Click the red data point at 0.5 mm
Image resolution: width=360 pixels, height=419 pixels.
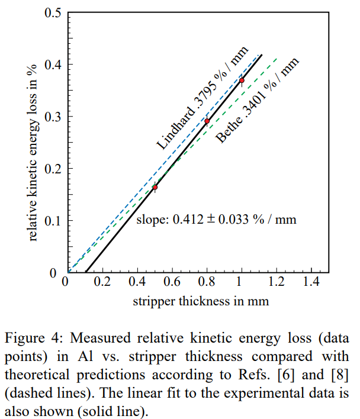[155, 187]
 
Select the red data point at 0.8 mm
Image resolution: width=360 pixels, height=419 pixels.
[207, 121]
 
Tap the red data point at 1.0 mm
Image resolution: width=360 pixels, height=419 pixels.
[242, 80]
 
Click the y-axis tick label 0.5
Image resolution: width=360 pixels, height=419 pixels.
[52, 12]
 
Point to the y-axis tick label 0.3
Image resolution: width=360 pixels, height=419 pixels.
[52, 117]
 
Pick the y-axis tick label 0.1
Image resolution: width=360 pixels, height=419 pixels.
[52, 221]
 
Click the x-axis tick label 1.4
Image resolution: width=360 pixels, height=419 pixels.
[311, 281]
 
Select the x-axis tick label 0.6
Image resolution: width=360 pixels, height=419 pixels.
[172, 281]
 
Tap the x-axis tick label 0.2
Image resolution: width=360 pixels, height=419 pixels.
[102, 281]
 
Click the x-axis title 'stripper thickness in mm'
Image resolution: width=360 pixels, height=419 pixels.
[201, 301]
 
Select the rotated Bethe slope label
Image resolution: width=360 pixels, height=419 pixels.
[256, 101]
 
